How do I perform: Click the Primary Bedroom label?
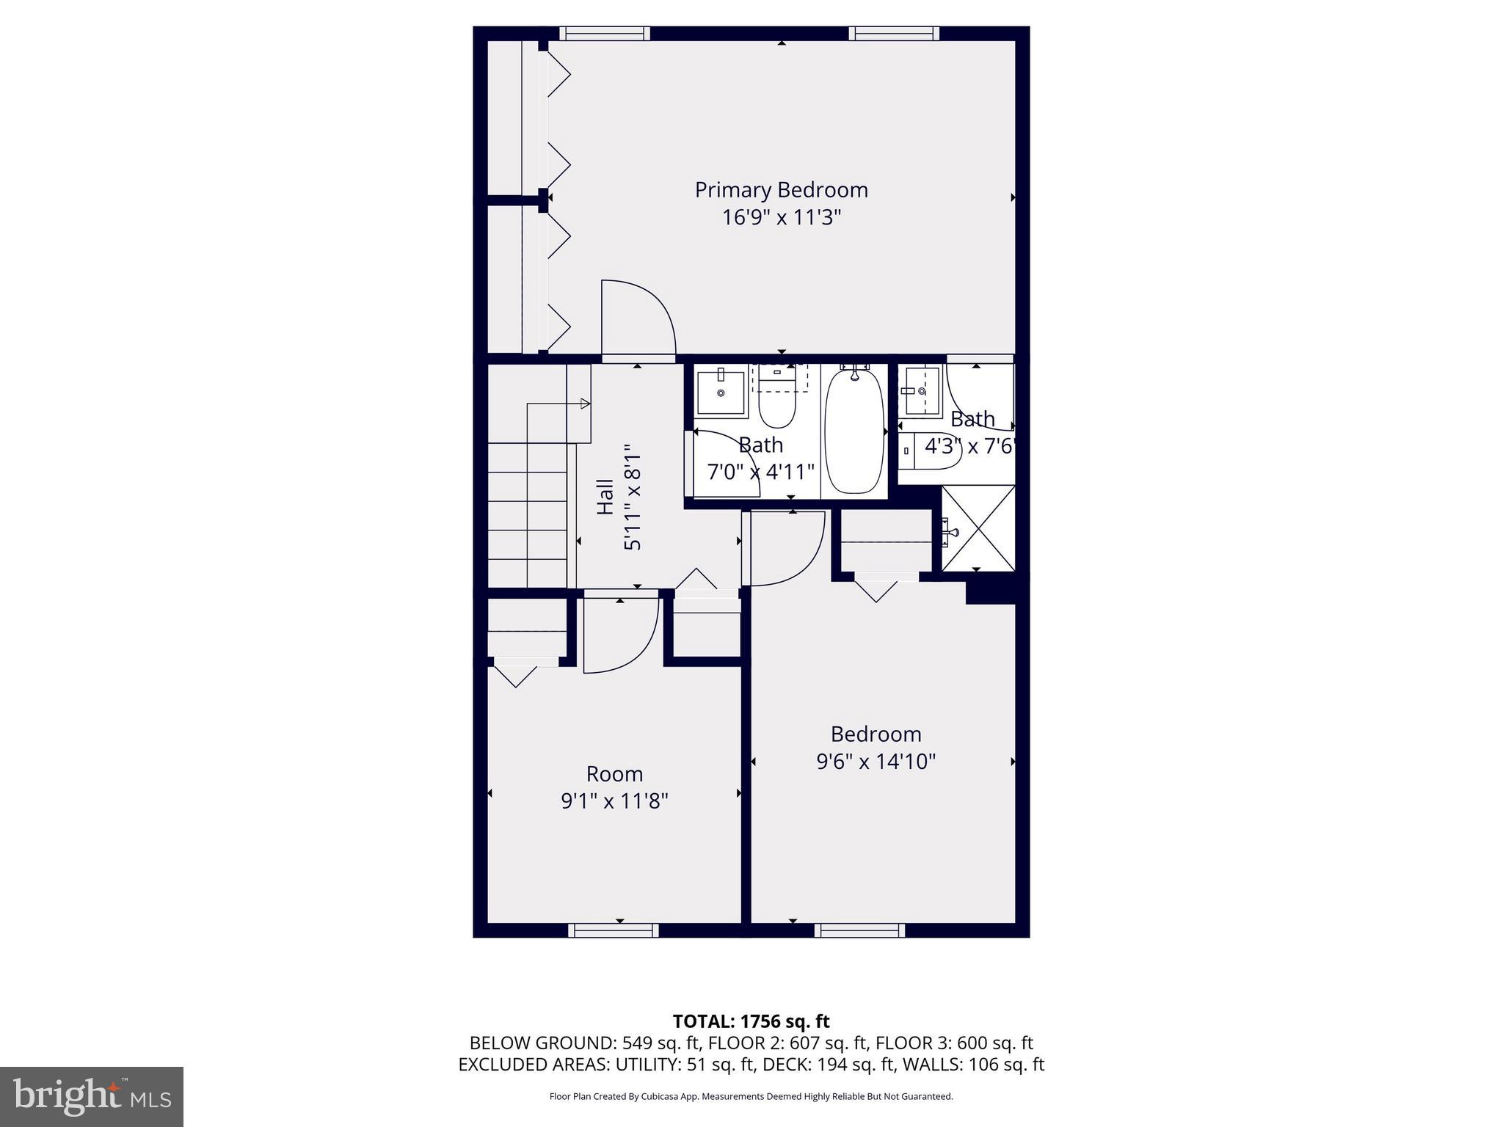[781, 190]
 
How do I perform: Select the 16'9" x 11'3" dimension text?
[781, 218]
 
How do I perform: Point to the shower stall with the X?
[979, 528]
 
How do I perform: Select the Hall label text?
[605, 497]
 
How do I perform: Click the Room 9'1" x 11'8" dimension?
[614, 800]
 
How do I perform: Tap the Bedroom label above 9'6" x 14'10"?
[876, 734]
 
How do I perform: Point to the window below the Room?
[614, 930]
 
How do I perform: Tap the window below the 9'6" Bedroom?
[859, 930]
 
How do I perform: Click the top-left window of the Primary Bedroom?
[605, 33]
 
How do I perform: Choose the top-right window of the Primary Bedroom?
[894, 33]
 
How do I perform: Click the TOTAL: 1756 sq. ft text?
[751, 1021]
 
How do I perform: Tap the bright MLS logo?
[92, 1096]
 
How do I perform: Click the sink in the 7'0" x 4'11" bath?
[721, 393]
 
